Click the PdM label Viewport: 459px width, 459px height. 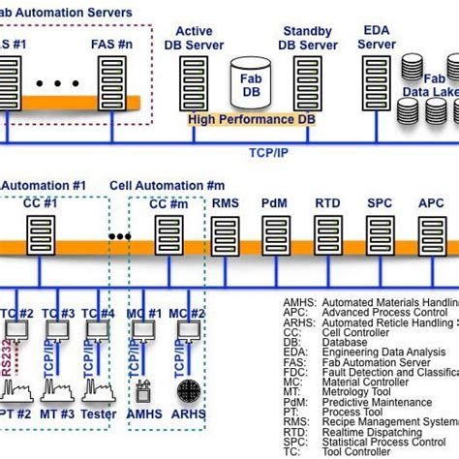[274, 205]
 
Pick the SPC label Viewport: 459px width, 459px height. [380, 205]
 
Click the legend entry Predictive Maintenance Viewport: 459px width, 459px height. [387, 388]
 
